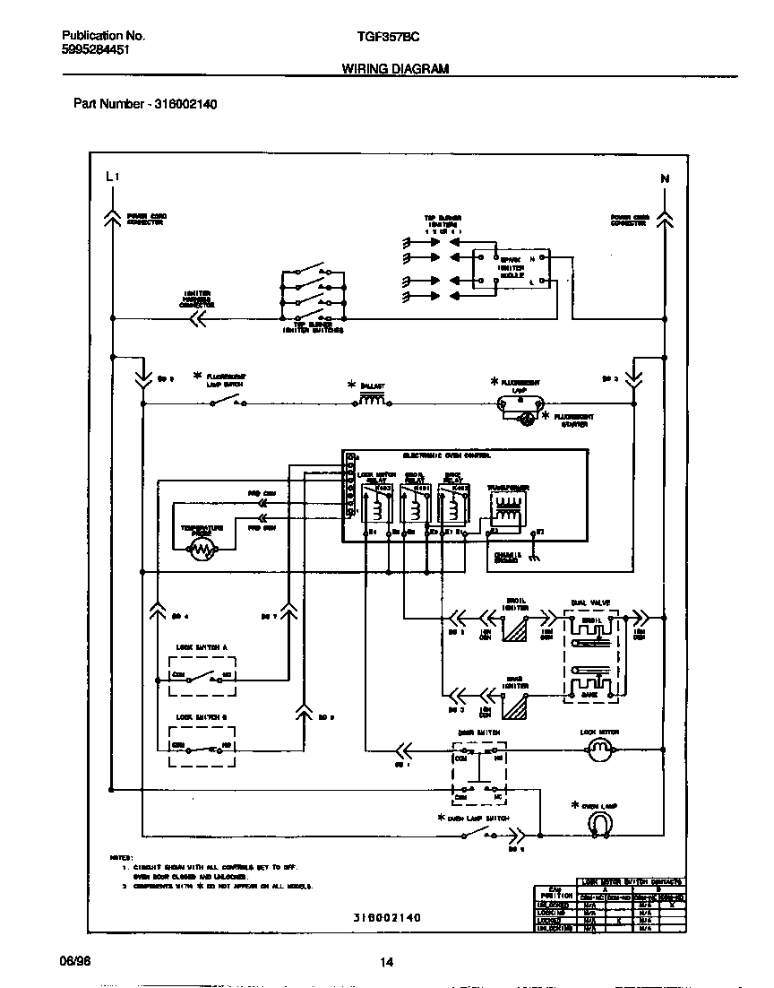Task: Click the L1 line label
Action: click(111, 177)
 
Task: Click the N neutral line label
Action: click(665, 178)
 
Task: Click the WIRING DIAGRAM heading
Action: click(395, 69)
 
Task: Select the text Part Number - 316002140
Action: click(144, 104)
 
